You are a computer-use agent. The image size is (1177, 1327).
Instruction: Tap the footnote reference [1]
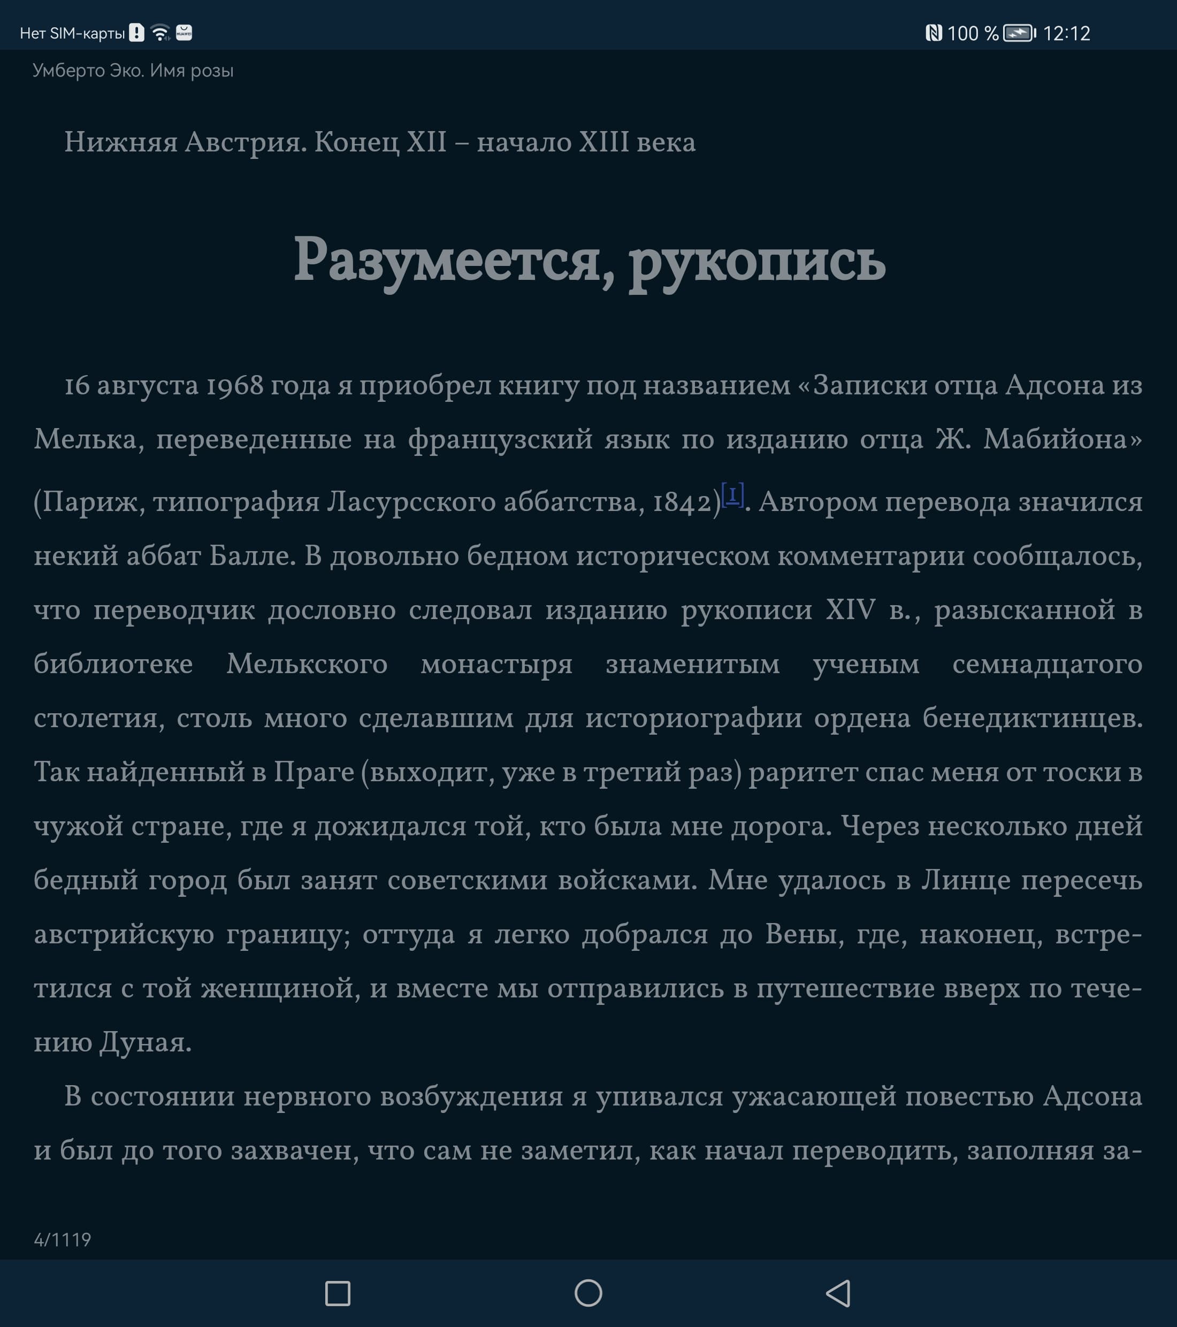[x=732, y=495]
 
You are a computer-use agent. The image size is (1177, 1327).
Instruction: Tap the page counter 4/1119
[x=62, y=1239]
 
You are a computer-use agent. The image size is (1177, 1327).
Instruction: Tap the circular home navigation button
[x=588, y=1293]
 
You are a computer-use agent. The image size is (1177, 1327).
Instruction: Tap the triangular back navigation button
[x=839, y=1293]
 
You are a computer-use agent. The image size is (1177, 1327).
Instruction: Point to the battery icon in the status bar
[x=1019, y=33]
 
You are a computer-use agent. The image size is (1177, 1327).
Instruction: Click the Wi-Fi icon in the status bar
[x=160, y=33]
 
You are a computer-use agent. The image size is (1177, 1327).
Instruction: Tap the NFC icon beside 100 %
[x=934, y=33]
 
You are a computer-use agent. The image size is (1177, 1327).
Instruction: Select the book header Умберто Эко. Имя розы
[x=133, y=70]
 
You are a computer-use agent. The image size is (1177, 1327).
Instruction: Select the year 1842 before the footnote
[x=682, y=502]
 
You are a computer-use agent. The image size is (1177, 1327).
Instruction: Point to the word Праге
[x=314, y=772]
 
